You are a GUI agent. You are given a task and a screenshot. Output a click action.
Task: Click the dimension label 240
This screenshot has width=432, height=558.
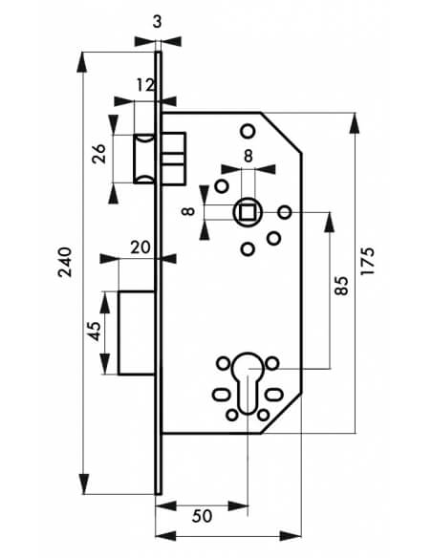pos(66,262)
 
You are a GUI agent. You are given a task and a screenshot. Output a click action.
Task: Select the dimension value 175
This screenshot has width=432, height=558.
pos(368,261)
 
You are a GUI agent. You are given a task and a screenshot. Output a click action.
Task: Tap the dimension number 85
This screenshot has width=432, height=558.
pos(341,286)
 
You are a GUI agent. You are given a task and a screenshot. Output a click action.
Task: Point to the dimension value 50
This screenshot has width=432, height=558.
pos(202,516)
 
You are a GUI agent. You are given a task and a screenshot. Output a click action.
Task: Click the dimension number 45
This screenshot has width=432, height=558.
pos(95,331)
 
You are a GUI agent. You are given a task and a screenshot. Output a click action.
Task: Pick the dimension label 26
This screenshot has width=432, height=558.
pos(98,154)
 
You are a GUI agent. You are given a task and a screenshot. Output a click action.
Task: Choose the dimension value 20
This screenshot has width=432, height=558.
pos(140,247)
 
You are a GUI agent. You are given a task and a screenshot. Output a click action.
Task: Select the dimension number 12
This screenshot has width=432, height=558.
pos(145,85)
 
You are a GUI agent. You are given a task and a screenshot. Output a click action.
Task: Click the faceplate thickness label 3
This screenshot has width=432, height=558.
pos(157,22)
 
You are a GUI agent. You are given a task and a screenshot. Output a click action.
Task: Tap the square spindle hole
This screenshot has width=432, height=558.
pos(248,212)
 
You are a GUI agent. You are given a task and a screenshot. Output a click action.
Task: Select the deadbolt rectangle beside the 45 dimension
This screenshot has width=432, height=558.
pos(137,333)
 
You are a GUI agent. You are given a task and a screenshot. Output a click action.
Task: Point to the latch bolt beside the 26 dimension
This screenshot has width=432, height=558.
pos(144,159)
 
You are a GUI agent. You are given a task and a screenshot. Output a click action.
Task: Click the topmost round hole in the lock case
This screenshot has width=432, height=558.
pos(248,131)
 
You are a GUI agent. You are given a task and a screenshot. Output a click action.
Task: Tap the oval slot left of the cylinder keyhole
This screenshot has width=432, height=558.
pos(222,395)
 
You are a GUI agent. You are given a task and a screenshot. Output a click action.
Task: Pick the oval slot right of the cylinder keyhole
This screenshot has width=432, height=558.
pos(274,395)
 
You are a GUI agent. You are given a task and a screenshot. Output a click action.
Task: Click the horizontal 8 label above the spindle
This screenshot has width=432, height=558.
pos(248,157)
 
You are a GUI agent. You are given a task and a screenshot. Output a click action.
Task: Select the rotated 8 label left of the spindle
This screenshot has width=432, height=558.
pos(188,211)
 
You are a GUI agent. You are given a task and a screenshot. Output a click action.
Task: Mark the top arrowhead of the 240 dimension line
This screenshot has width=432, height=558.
pos(82,63)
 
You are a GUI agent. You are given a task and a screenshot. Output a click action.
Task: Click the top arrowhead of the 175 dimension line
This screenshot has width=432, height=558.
pos(355,122)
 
